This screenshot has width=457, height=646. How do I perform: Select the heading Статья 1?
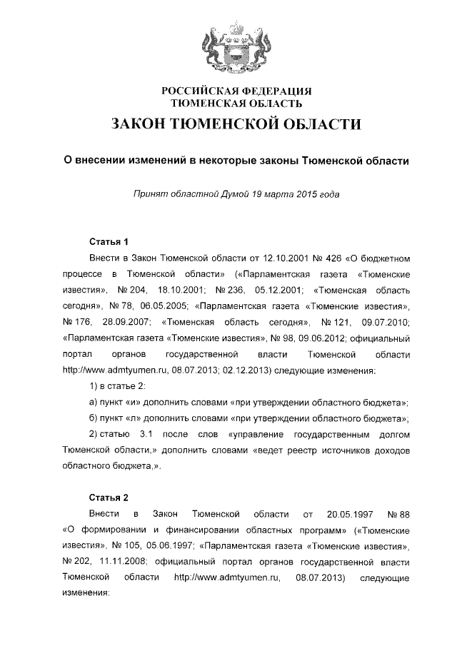pyautogui.click(x=109, y=240)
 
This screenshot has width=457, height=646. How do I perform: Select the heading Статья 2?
pyautogui.click(x=109, y=497)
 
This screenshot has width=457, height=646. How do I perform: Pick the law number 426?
pyautogui.click(x=315, y=256)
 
